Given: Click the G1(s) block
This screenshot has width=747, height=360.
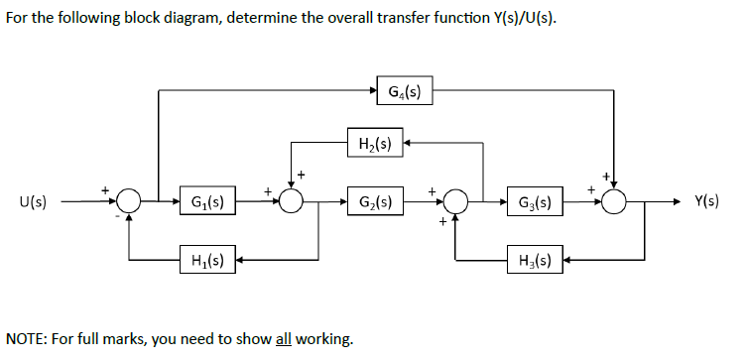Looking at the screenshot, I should click(x=207, y=202).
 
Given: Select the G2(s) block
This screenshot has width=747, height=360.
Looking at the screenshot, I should click(x=373, y=202).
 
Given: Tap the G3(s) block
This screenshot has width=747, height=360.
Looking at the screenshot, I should click(x=537, y=202).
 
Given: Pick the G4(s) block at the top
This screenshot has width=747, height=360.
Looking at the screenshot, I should click(x=404, y=93).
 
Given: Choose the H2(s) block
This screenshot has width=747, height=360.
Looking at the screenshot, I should click(x=373, y=145).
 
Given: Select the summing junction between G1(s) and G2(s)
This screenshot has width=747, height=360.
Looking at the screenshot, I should click(x=291, y=202).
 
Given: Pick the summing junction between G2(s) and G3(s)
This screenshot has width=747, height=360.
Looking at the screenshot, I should click(x=455, y=202).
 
